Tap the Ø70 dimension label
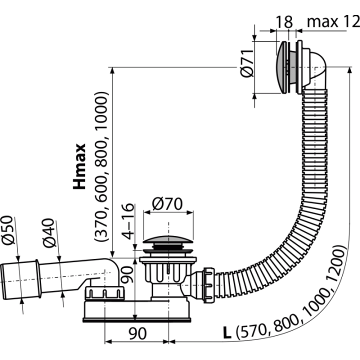point(167,204)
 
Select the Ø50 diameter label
point(7,230)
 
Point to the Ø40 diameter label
point(49,233)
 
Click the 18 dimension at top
point(284,22)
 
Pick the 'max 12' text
point(333,22)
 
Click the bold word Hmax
point(79,166)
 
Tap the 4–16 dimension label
point(127,221)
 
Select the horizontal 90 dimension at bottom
point(137,333)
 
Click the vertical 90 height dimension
point(126,274)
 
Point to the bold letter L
point(227,332)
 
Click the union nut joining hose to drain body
point(209,285)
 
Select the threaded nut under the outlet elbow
point(104,293)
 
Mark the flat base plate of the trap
point(136,320)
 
